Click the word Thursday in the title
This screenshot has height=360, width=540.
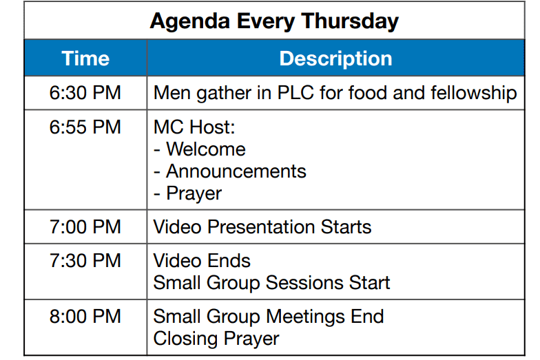pyautogui.click(x=350, y=22)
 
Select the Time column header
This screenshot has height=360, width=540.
pyautogui.click(x=85, y=58)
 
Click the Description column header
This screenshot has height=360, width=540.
pyautogui.click(x=336, y=58)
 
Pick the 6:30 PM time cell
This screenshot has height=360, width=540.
pyautogui.click(x=85, y=93)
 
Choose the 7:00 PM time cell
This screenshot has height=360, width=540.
pyautogui.click(x=85, y=227)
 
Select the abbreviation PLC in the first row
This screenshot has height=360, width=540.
pyautogui.click(x=295, y=93)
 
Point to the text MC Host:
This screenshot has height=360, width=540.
pyautogui.click(x=194, y=127)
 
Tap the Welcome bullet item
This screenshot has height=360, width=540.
pyautogui.click(x=200, y=149)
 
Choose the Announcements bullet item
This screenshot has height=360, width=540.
pyautogui.click(x=230, y=171)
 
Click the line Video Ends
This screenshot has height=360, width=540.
pyautogui.click(x=202, y=260)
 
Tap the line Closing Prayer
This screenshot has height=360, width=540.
pyautogui.click(x=216, y=339)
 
